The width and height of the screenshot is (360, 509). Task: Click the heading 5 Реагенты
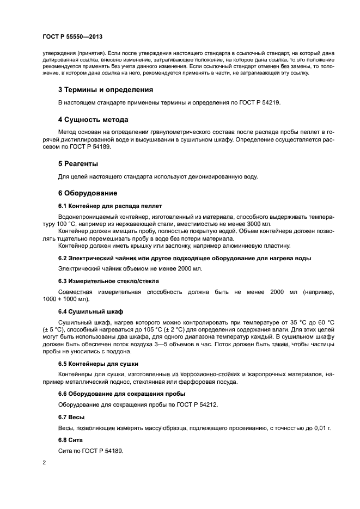point(78,163)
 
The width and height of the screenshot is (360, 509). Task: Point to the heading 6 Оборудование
point(87,193)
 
